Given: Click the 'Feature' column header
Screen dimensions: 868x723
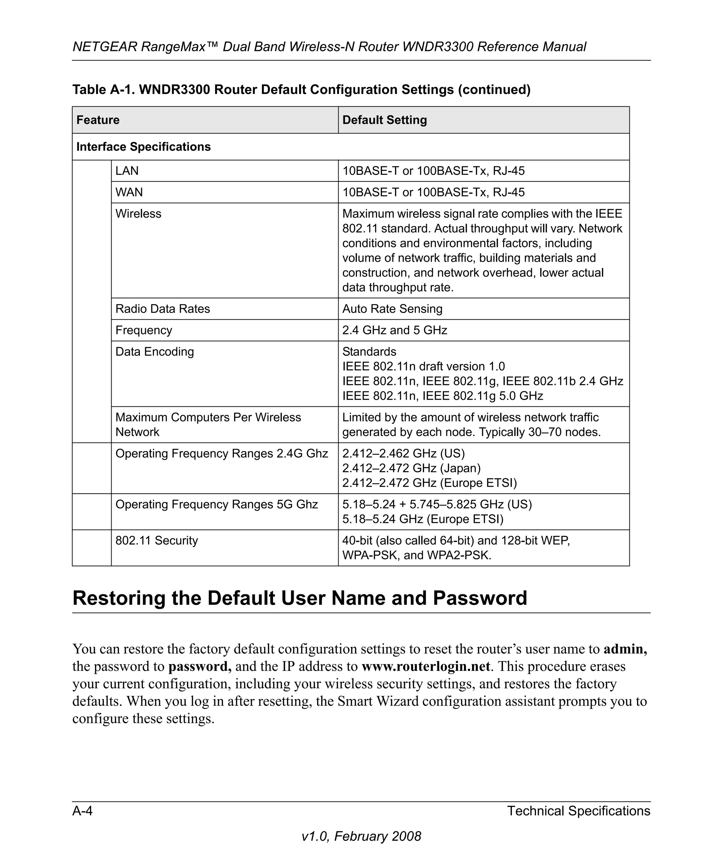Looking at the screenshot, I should coord(98,120).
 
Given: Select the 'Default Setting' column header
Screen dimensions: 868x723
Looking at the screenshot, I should coord(384,120).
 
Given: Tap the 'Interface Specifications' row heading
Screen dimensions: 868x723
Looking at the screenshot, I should coord(143,147).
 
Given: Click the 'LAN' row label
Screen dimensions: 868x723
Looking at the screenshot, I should coord(127,171).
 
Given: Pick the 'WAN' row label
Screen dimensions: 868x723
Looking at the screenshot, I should coord(129,192).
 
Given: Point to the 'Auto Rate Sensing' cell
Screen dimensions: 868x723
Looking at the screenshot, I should coord(392,309).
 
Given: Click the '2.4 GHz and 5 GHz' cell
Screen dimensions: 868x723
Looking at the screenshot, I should coord(395,330).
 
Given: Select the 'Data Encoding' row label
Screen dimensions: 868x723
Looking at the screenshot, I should coord(155,352).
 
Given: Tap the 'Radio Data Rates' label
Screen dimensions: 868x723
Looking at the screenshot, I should coord(162,309).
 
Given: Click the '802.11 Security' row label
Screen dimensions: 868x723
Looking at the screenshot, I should coord(157,541).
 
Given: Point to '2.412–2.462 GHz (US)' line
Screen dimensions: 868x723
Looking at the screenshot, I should coord(403,453).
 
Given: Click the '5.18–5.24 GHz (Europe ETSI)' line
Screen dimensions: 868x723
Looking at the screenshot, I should coord(423,519).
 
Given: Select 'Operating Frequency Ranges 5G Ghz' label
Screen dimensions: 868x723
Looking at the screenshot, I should coord(216,504).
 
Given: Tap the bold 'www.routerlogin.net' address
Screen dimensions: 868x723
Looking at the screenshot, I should coord(425,666).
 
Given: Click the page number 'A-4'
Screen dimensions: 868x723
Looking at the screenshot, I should coord(82,811).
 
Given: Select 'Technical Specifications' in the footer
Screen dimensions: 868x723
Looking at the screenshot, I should coord(578,811).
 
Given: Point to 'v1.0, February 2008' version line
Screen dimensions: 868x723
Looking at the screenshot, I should coord(361,836).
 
